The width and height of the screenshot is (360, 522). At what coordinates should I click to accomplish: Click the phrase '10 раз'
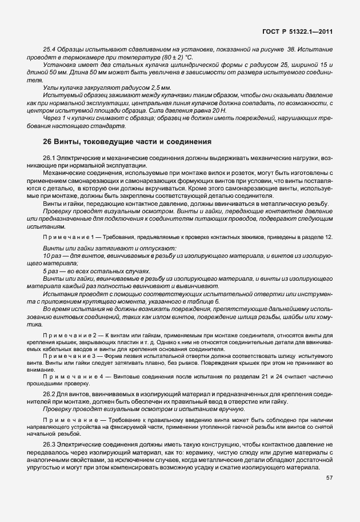tap(52, 256)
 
